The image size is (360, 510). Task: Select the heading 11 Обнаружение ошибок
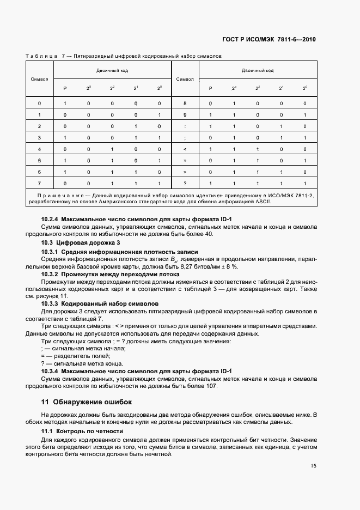click(x=87, y=402)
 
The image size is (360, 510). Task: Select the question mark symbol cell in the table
click(x=185, y=184)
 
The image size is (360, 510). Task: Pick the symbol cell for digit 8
click(x=185, y=103)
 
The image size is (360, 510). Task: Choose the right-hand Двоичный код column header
click(x=258, y=70)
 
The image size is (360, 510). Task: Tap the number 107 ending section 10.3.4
click(x=210, y=386)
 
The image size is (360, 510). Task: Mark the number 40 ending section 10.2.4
click(x=208, y=234)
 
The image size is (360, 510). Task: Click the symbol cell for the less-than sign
click(x=185, y=149)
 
